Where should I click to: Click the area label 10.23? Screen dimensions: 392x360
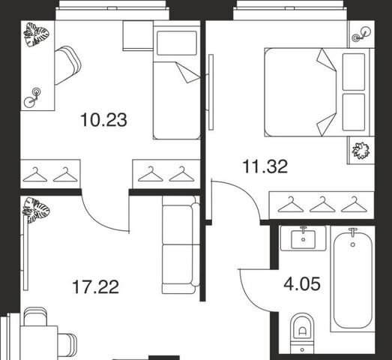[x=103, y=120]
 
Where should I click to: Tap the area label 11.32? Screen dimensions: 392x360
[x=265, y=166]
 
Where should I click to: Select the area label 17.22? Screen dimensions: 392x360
[x=95, y=287]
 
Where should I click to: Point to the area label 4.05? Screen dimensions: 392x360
[x=302, y=284]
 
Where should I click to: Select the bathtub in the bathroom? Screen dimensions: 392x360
[x=352, y=280]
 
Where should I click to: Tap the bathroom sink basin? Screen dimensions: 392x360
[x=304, y=239]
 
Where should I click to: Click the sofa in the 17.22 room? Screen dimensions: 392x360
[x=181, y=244]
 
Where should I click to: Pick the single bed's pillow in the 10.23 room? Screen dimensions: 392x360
[x=176, y=43]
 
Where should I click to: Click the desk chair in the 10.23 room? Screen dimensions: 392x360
[x=67, y=65]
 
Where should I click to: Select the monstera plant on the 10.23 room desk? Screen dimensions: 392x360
[x=36, y=34]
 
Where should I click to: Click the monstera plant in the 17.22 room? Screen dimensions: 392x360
[x=36, y=210]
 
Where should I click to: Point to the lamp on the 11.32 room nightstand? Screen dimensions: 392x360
[x=361, y=34]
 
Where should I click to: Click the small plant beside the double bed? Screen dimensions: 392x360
[x=361, y=151]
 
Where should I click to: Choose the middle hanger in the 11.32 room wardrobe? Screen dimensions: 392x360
[x=322, y=205]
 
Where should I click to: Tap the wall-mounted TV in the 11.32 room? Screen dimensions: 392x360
[x=211, y=92]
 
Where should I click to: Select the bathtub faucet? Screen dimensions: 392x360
[x=353, y=232]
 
